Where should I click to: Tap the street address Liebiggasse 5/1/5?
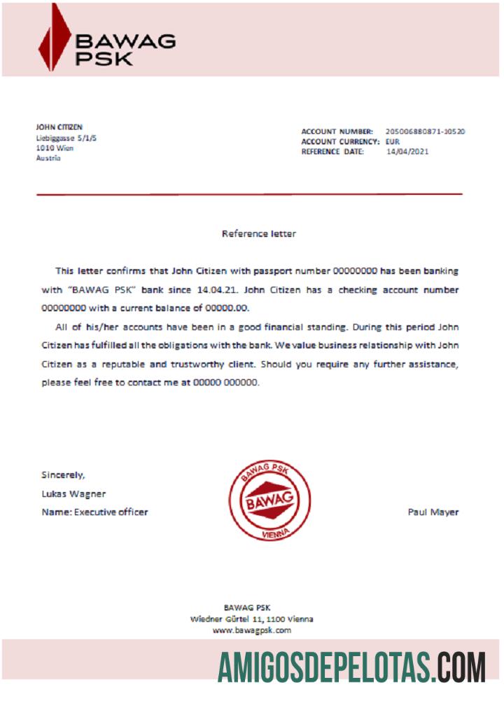(x=66, y=138)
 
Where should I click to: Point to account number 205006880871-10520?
(x=426, y=131)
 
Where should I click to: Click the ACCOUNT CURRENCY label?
(x=340, y=142)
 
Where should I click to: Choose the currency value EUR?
(x=393, y=142)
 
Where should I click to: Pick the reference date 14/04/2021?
(x=407, y=151)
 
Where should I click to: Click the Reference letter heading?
(x=258, y=233)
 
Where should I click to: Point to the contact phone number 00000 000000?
(x=225, y=383)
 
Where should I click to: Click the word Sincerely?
(x=63, y=475)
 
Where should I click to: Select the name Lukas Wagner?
(x=73, y=494)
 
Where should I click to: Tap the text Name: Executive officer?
(x=94, y=512)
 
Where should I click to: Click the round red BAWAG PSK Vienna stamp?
(x=269, y=501)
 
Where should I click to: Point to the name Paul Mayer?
(x=433, y=512)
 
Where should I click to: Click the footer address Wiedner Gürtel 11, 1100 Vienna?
(x=251, y=619)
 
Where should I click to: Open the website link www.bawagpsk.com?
(x=251, y=630)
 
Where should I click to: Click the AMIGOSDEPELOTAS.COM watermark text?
(x=351, y=667)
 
